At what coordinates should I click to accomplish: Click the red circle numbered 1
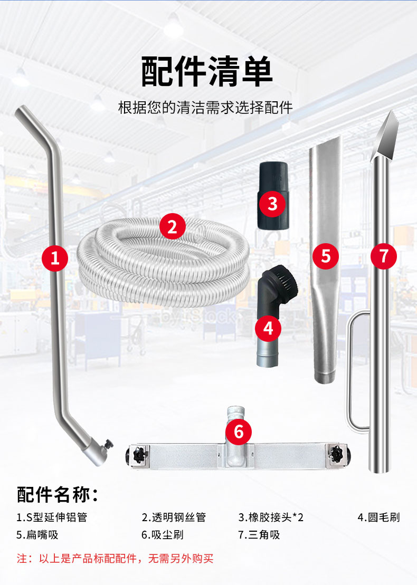55,258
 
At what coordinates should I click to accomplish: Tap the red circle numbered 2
172,226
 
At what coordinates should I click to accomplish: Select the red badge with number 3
272,204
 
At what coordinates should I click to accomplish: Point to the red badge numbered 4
268,328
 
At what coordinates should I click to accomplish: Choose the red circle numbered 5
326,256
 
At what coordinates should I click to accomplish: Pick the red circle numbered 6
239,431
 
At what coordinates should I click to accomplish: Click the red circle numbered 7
383,256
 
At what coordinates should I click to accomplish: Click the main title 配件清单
207,71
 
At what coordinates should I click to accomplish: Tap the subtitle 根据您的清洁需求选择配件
205,108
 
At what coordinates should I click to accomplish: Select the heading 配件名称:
58,494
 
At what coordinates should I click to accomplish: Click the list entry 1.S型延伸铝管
52,517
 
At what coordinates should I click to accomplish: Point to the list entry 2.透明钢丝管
174,517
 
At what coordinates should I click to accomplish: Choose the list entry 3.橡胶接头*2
271,517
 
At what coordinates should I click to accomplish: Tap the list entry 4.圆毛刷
378,517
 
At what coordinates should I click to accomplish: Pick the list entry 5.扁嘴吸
37,535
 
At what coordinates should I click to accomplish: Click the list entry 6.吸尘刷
163,535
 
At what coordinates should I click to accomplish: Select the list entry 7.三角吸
259,535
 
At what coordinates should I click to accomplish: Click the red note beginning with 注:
115,559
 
